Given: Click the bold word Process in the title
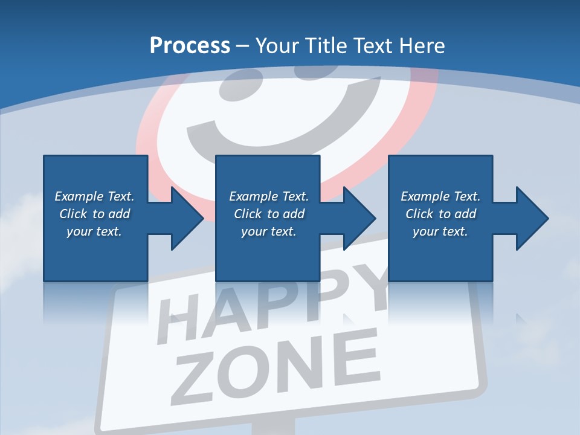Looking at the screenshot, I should [x=190, y=45].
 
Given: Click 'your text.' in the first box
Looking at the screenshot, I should [x=94, y=231].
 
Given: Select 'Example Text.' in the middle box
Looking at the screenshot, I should [x=269, y=196].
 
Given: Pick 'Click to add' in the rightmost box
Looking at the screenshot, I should [x=440, y=214].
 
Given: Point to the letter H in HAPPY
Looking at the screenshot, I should [x=175, y=326].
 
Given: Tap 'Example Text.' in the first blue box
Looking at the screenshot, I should [x=94, y=196].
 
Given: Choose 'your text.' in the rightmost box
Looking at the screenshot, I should [x=440, y=231].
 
